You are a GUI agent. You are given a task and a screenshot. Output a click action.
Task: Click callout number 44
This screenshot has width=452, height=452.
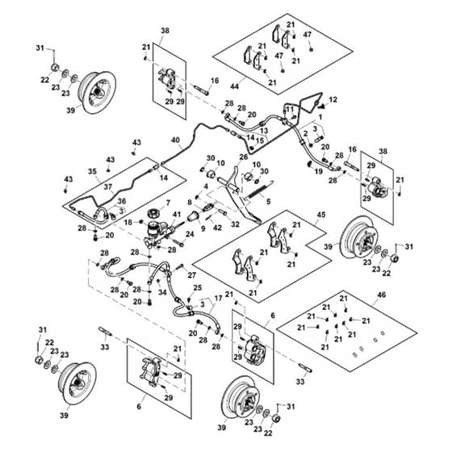(235, 86)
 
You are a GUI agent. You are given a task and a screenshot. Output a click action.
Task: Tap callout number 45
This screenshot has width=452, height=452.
(321, 215)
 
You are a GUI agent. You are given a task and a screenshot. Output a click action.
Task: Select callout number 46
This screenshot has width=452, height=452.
(381, 295)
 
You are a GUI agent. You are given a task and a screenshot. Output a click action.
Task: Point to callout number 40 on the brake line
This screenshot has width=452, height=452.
(175, 140)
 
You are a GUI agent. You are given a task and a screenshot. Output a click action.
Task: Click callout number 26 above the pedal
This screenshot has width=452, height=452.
(244, 157)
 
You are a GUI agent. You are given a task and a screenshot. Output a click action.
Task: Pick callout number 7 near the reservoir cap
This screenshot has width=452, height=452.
(168, 203)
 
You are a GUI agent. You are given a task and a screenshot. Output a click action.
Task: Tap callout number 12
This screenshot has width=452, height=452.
(333, 100)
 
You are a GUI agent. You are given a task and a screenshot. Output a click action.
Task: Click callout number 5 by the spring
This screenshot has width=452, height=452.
(268, 202)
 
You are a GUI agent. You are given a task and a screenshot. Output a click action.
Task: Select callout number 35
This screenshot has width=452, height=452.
(92, 171)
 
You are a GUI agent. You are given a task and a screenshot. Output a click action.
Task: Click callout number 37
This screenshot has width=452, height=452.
(108, 186)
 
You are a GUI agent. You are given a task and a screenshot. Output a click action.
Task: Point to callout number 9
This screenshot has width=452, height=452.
(203, 229)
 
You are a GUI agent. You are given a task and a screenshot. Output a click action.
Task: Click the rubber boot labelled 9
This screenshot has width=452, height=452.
(193, 216)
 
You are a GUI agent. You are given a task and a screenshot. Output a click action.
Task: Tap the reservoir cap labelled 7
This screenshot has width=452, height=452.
(153, 214)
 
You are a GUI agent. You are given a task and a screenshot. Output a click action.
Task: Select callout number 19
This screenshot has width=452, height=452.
(318, 171)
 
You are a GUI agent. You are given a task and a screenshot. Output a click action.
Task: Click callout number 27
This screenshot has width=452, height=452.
(192, 275)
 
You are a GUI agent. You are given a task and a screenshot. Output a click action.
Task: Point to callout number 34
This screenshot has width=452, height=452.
(162, 292)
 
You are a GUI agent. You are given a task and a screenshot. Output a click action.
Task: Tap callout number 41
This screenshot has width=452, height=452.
(177, 215)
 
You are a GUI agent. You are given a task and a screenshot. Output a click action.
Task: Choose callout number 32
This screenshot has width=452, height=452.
(235, 224)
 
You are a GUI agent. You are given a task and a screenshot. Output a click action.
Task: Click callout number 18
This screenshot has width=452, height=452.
(128, 222)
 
